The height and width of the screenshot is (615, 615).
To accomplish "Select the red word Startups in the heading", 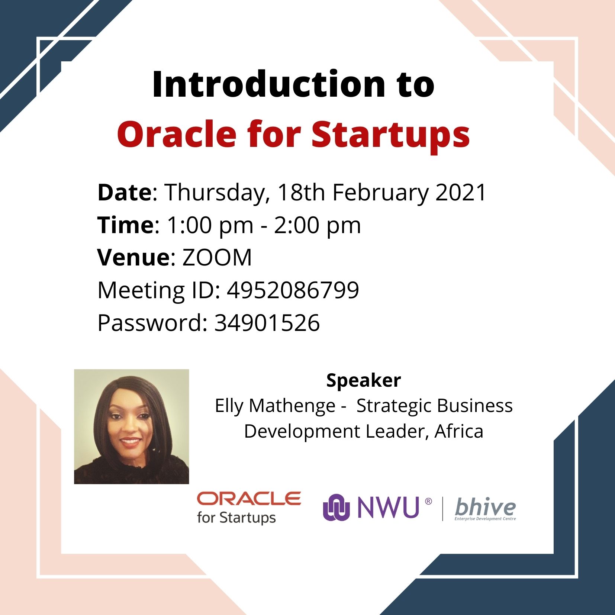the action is (x=391, y=136).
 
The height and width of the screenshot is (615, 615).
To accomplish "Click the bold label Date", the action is (x=125, y=192).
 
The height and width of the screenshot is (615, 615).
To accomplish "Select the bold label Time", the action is (x=125, y=225).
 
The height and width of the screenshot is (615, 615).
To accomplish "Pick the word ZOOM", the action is (x=217, y=257).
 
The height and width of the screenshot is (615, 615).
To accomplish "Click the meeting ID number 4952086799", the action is (x=293, y=290).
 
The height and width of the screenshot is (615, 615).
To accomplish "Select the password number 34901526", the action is (x=267, y=322).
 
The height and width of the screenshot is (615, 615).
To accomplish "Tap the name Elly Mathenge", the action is (x=275, y=406).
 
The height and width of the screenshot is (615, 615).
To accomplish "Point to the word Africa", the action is (x=459, y=431).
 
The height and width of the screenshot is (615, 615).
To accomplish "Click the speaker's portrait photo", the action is (x=132, y=426).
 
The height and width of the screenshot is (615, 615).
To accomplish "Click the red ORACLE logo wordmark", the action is (x=249, y=499).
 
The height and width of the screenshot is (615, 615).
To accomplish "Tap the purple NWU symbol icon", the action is (x=337, y=508).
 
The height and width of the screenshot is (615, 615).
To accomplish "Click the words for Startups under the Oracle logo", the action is (x=236, y=518).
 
